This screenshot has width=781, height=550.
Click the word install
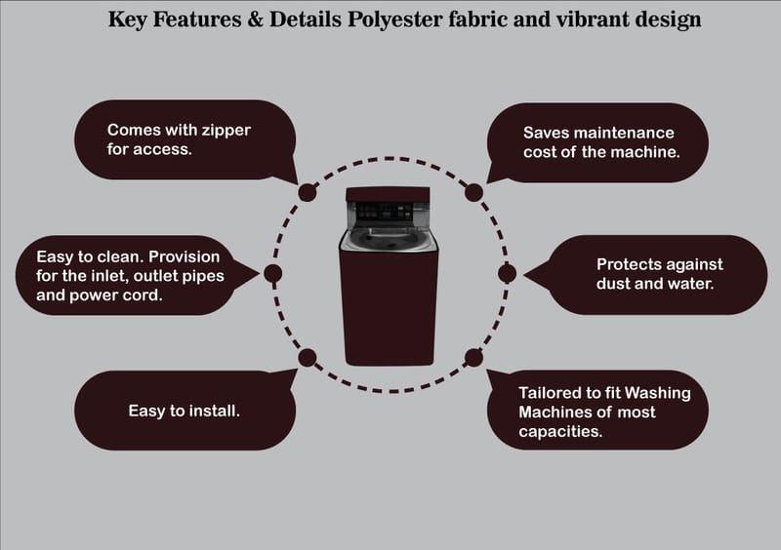215,412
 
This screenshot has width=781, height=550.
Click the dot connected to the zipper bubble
307,192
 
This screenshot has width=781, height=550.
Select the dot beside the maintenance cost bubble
473,192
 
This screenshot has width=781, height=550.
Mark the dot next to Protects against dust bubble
507,273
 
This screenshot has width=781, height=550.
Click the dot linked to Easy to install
307,357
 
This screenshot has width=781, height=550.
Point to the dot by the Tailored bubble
473,357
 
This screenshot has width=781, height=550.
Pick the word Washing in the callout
657,393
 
